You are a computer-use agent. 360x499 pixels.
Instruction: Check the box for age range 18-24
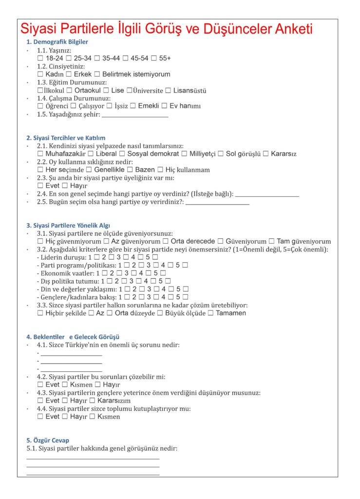[x=40, y=58]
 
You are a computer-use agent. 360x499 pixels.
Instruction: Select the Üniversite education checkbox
[x=129, y=90]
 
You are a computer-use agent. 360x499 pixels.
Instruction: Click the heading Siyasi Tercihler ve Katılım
[x=66, y=138]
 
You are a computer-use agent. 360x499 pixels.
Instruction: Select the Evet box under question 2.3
[x=40, y=186]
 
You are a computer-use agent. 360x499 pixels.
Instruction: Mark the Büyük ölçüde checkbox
[x=160, y=313]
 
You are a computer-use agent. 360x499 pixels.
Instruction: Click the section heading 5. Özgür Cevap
[x=48, y=440]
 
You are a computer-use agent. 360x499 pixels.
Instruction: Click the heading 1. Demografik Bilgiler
[x=57, y=42]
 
